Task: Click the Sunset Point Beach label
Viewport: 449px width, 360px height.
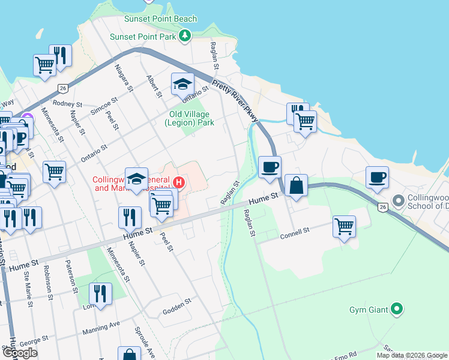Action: pos(160,19)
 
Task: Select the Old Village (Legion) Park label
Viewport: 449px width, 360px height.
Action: pos(188,118)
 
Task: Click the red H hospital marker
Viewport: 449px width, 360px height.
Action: pos(178,181)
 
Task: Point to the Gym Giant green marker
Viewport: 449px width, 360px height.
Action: pos(396,310)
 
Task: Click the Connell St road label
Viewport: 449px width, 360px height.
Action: pos(294,233)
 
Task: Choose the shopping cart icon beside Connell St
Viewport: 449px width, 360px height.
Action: pos(344,227)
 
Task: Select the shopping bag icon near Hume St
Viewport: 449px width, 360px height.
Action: pos(297,185)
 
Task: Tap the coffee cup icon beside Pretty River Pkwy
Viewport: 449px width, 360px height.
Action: pos(270,167)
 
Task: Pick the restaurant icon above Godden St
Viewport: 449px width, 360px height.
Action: pos(100,294)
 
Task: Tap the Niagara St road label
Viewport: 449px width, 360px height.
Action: pos(124,78)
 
